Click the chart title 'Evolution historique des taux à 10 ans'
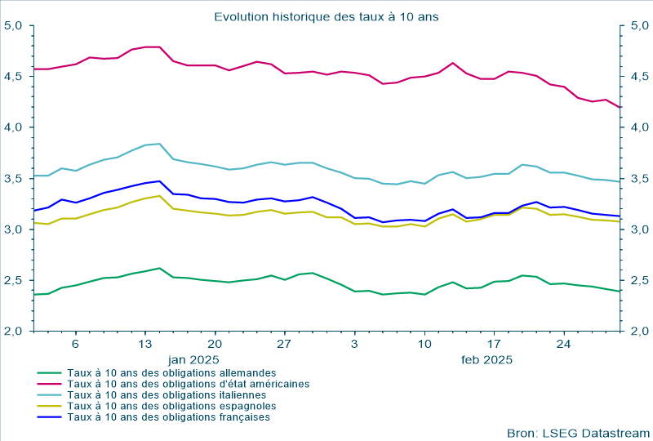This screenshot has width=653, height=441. [326, 16]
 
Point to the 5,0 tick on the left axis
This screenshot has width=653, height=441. [13, 25]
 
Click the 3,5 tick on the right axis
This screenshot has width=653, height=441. [638, 179]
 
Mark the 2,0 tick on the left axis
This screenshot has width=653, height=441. [13, 331]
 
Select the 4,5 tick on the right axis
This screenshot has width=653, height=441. [638, 77]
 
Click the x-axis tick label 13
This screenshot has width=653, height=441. [145, 345]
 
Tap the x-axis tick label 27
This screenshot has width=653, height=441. [285, 345]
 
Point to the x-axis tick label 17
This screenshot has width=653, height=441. [494, 345]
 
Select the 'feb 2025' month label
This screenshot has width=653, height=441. [486, 359]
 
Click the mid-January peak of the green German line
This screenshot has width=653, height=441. [159, 268]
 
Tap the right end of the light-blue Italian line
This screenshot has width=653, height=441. [620, 181]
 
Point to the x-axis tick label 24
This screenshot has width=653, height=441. [564, 345]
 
